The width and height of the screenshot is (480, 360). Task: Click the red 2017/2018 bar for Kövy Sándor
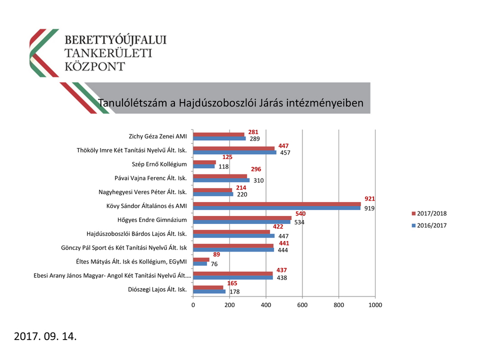pyautogui.click(x=276, y=204)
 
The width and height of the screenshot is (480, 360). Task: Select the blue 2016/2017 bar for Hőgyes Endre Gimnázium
pyautogui.click(x=241, y=222)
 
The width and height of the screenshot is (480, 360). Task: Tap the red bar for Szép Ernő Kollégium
pyautogui.click(x=204, y=162)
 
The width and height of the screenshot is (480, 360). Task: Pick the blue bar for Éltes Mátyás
pyautogui.click(x=200, y=263)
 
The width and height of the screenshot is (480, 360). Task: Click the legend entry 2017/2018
pyautogui.click(x=429, y=213)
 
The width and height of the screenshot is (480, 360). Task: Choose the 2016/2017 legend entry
pyautogui.click(x=429, y=225)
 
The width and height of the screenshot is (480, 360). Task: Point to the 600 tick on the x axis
pyautogui.click(x=302, y=304)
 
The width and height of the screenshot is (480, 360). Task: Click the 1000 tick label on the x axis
pyautogui.click(x=375, y=304)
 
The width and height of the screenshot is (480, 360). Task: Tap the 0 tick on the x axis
pyautogui.click(x=193, y=304)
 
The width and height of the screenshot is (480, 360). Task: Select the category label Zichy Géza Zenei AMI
pyautogui.click(x=157, y=136)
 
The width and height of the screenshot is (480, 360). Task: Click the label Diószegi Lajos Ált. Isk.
pyautogui.click(x=157, y=289)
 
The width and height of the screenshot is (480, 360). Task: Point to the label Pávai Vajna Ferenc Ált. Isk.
pyautogui.click(x=150, y=178)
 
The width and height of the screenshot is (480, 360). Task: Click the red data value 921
pyautogui.click(x=369, y=198)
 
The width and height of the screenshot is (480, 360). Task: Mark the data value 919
pyautogui.click(x=369, y=208)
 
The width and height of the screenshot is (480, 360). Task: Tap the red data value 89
pyautogui.click(x=216, y=254)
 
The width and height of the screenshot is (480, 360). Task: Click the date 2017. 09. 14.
pyautogui.click(x=45, y=336)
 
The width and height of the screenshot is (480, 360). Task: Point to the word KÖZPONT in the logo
pyautogui.click(x=95, y=66)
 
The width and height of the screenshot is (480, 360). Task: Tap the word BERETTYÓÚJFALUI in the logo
pyautogui.click(x=116, y=39)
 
